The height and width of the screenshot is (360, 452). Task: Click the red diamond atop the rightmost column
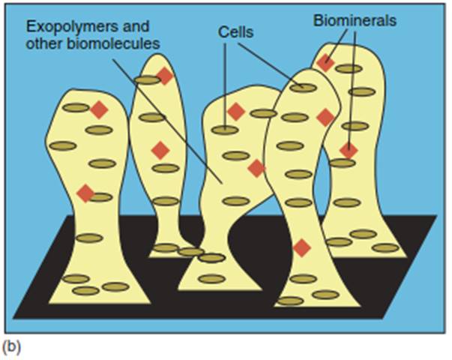click(x=325, y=63)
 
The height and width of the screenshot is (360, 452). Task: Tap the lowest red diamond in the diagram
click(x=301, y=247)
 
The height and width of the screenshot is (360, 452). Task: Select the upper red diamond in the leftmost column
click(x=99, y=110)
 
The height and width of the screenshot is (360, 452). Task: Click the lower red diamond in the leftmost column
click(x=86, y=193)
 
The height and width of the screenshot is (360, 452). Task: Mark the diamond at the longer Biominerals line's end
click(x=348, y=150)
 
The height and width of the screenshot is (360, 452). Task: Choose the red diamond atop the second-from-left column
click(x=165, y=76)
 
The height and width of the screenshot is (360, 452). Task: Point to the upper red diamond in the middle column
click(x=236, y=112)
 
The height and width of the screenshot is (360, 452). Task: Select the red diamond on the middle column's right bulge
click(x=256, y=168)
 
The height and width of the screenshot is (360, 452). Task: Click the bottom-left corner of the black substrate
click(x=14, y=316)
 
